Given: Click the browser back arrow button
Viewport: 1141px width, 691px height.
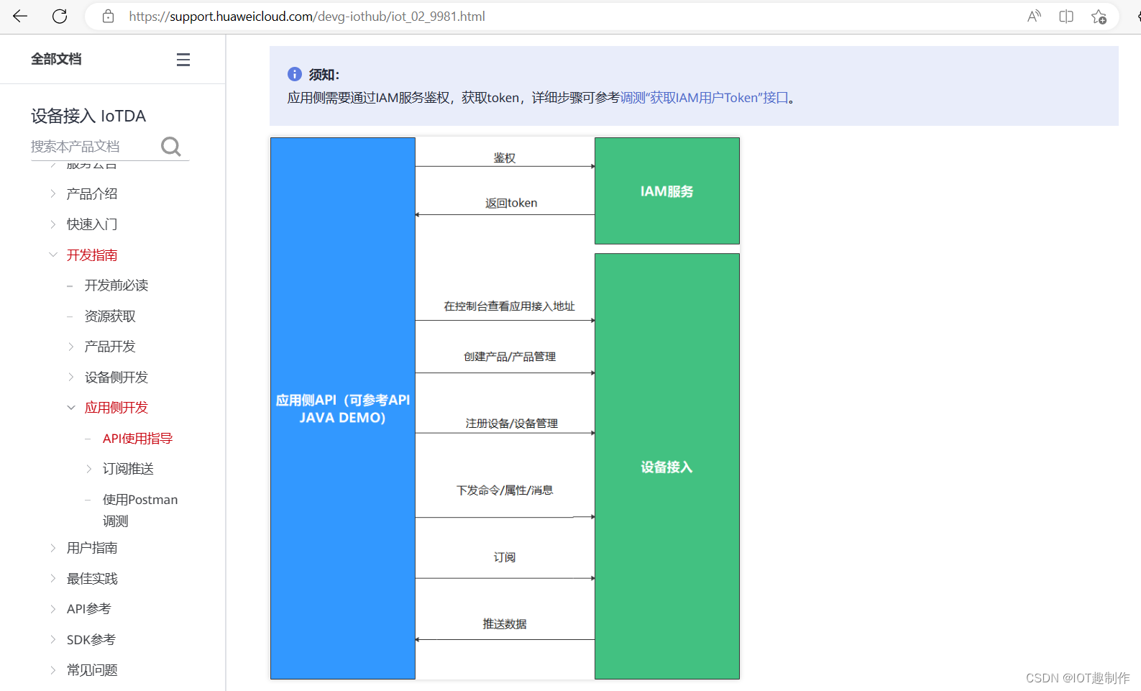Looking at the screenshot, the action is click(20, 16).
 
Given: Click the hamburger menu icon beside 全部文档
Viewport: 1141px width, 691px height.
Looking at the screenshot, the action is click(183, 60).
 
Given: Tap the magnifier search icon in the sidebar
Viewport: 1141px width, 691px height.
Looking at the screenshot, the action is click(171, 147).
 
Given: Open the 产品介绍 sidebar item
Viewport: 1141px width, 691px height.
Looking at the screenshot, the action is click(92, 193).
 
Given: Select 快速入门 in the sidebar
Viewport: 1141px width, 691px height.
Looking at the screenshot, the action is click(92, 224).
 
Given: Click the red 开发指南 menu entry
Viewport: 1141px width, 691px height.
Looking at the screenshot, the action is click(92, 255).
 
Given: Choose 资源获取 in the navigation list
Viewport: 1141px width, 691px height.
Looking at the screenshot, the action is click(110, 316).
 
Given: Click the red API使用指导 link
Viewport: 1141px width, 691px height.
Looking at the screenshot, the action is click(137, 439).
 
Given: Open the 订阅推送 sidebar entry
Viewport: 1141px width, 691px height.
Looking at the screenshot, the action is click(128, 469).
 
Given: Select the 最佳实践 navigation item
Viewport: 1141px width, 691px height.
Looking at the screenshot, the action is click(92, 579).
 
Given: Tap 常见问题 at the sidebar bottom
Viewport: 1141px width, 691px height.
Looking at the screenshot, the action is click(92, 670).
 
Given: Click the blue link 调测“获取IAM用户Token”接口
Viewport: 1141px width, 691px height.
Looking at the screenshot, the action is click(705, 98).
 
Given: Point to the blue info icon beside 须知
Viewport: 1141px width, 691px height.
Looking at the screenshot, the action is click(295, 74).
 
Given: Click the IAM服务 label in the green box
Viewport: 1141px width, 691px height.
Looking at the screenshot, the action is click(667, 191).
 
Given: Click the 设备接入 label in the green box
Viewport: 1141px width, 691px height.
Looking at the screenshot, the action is click(667, 467).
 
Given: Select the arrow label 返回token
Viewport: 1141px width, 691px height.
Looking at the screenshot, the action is click(511, 203).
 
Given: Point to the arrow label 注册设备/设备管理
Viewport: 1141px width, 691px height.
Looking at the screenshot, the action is click(512, 424).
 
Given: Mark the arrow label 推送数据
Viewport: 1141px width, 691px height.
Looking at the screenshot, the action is click(505, 624).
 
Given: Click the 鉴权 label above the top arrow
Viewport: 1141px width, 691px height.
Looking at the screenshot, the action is click(505, 158).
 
